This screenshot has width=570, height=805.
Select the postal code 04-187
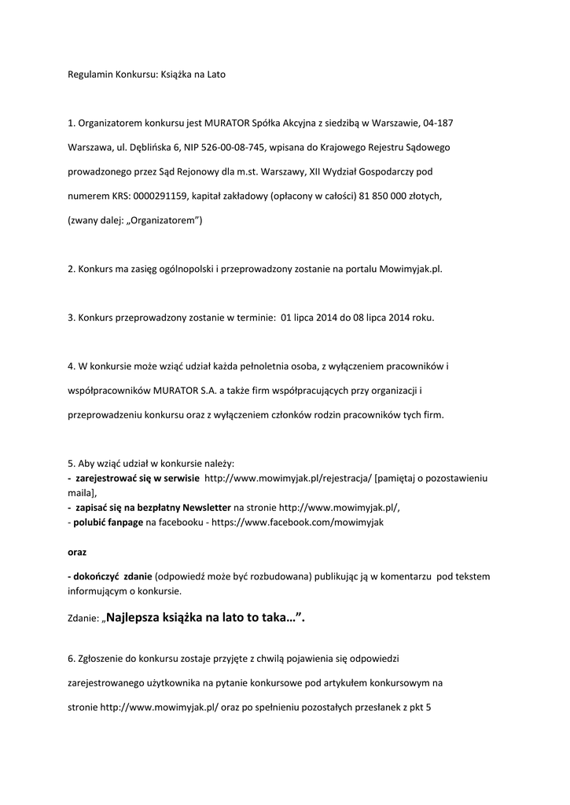click(x=438, y=123)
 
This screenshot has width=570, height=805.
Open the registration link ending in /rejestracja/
click(x=287, y=477)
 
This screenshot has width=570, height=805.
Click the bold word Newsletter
click(x=204, y=508)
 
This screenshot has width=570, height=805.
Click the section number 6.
click(x=71, y=658)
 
